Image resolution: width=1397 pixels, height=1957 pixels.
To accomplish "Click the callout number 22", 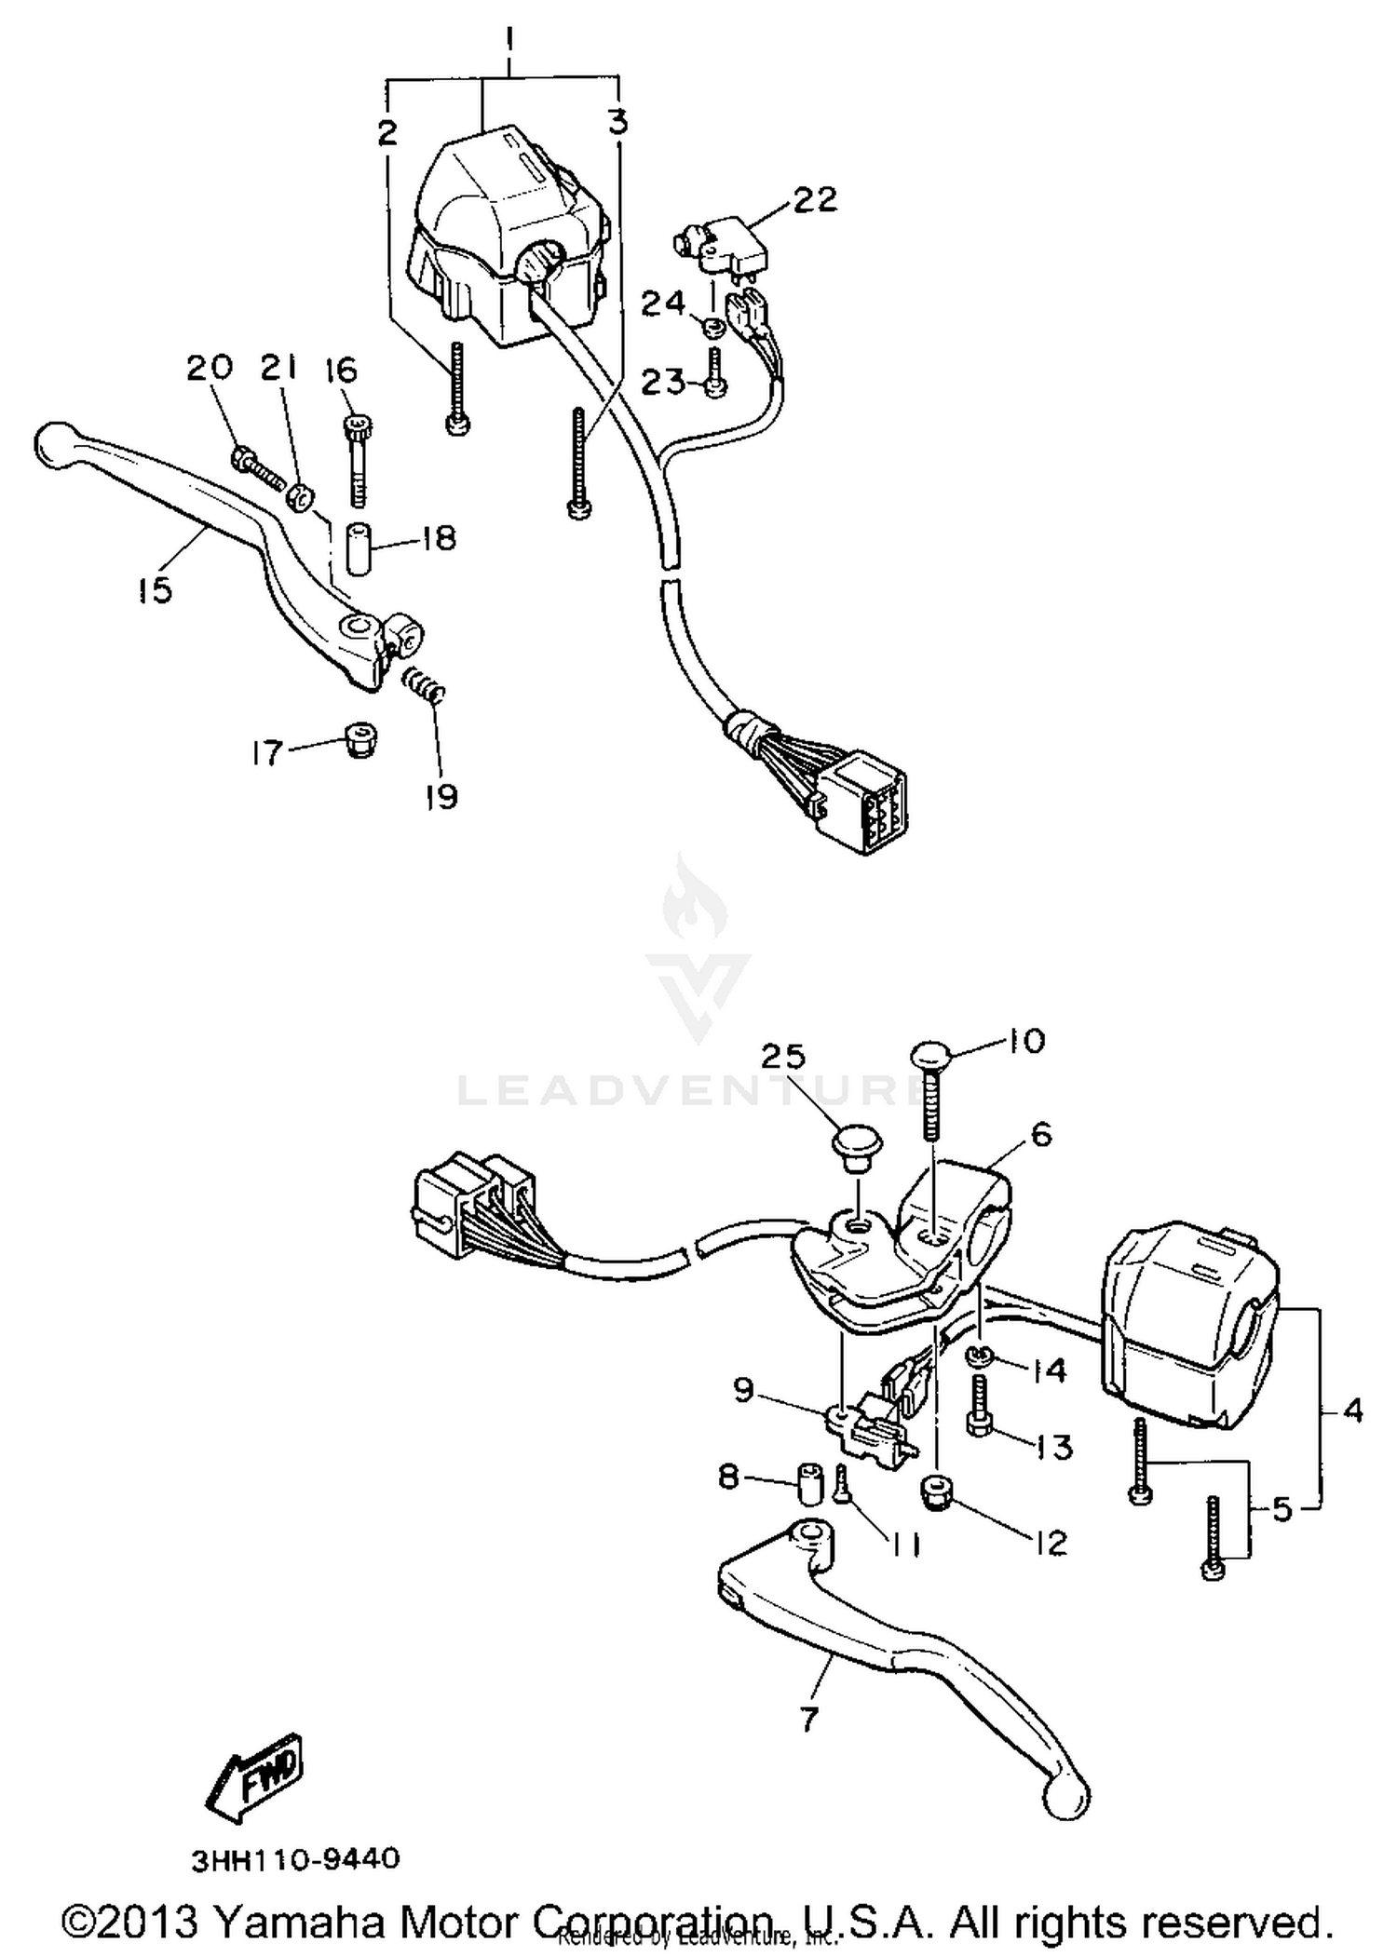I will click(x=815, y=199).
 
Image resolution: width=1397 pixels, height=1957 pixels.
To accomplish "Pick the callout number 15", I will click(x=155, y=589).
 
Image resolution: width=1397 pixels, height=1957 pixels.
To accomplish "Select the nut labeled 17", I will click(x=359, y=739).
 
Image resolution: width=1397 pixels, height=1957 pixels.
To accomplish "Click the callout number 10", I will click(x=1026, y=1040).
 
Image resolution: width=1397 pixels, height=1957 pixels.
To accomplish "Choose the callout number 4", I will click(x=1353, y=1410).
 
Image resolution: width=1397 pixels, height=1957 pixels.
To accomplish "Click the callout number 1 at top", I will click(x=509, y=40).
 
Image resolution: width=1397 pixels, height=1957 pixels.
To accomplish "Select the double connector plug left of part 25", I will click(x=475, y=1199).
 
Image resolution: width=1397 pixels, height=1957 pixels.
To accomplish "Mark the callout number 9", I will click(x=742, y=1391).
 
